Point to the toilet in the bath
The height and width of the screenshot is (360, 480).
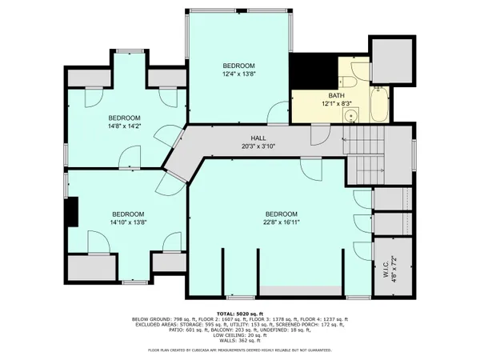pos(347,78)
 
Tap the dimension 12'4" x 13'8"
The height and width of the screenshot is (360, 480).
pos(238,74)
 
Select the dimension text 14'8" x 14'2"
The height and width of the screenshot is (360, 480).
pos(124,126)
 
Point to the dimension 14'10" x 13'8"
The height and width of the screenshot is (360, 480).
pos(128,223)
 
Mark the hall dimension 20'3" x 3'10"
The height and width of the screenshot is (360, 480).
pos(258,147)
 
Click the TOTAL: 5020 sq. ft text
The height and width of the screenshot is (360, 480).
pos(239,313)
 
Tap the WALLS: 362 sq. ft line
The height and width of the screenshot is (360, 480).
pos(239,341)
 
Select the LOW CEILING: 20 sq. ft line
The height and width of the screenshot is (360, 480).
pos(239,335)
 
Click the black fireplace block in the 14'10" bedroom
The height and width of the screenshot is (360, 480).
pos(72,213)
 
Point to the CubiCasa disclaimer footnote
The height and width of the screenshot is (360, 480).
pos(239,350)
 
